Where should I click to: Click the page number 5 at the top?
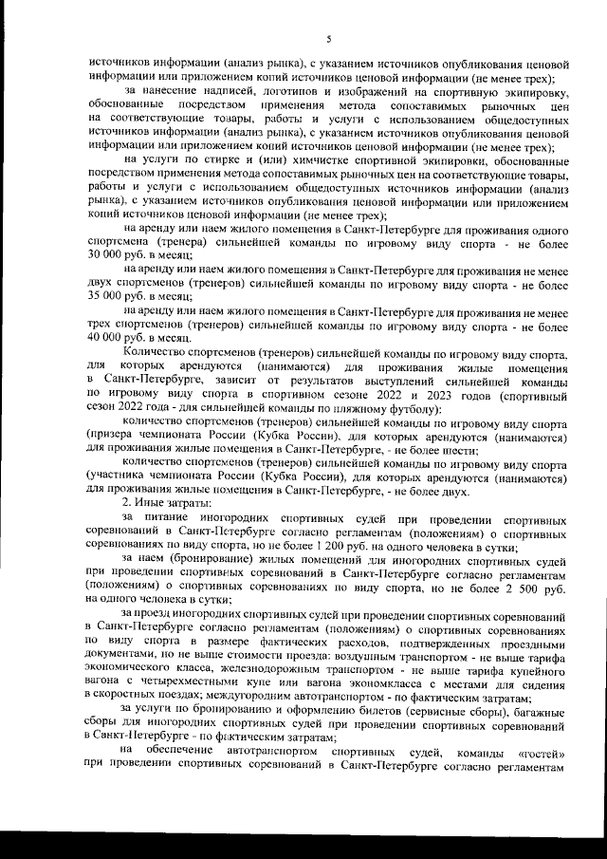pyautogui.click(x=327, y=39)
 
